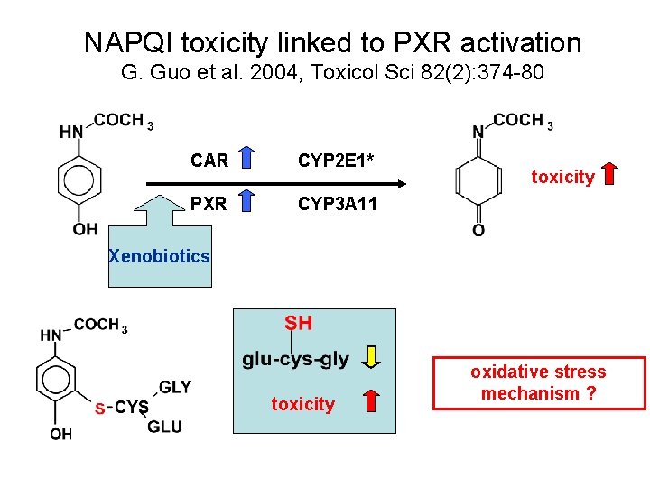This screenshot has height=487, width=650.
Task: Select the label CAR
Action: (x=209, y=161)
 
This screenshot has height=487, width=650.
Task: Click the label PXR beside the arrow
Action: (x=209, y=204)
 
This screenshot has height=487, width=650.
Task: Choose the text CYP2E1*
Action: (x=336, y=161)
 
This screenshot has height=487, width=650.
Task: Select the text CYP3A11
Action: (x=338, y=204)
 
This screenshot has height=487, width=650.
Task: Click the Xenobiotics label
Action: (x=159, y=256)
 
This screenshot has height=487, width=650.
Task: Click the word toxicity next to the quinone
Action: (x=562, y=177)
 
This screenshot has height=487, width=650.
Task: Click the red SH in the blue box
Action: (x=299, y=323)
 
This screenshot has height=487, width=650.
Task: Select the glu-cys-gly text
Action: (x=295, y=359)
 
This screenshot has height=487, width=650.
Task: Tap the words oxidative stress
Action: (x=538, y=372)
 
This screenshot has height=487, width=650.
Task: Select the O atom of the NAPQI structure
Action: (x=478, y=231)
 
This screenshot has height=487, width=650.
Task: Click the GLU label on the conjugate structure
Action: (x=164, y=427)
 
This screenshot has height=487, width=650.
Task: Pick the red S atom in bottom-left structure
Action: (x=99, y=409)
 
